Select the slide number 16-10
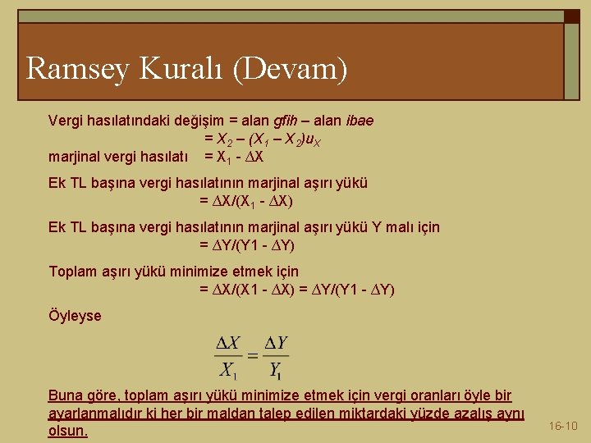pyautogui.click(x=563, y=426)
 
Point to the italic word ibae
pyautogui.click(x=358, y=121)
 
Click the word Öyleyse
pyautogui.click(x=75, y=315)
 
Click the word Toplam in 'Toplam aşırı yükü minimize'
pyautogui.click(x=72, y=271)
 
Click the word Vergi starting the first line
pyautogui.click(x=66, y=121)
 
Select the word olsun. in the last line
pyautogui.click(x=68, y=431)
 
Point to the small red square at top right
pyautogui.click(x=571, y=16)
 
